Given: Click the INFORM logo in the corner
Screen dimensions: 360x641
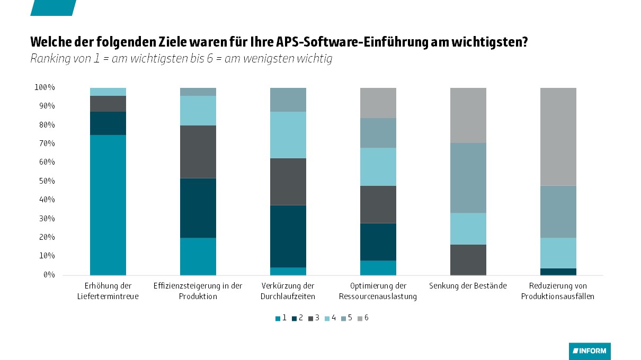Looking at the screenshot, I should pyautogui.click(x=590, y=351).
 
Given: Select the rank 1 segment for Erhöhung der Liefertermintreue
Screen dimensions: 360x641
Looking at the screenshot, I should pyautogui.click(x=108, y=205).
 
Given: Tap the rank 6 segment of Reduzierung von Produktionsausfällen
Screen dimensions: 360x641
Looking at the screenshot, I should pyautogui.click(x=558, y=137).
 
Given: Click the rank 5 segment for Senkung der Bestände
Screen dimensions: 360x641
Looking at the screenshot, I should pyautogui.click(x=468, y=178).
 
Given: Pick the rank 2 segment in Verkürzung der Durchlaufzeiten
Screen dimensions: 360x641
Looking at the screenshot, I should pyautogui.click(x=288, y=236).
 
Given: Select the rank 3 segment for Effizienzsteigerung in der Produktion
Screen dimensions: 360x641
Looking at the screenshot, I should pyautogui.click(x=198, y=152).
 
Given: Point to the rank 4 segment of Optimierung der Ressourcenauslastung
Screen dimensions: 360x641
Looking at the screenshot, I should pyautogui.click(x=378, y=167).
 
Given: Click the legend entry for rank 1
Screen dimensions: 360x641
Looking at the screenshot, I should pyautogui.click(x=281, y=318).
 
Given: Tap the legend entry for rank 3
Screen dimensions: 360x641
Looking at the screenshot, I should pyautogui.click(x=314, y=318).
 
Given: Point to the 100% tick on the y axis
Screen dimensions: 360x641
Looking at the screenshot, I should pyautogui.click(x=45, y=87).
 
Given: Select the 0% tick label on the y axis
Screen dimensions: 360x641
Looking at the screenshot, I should pyautogui.click(x=49, y=275).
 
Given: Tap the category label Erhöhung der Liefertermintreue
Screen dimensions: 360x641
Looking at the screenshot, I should pyautogui.click(x=108, y=291).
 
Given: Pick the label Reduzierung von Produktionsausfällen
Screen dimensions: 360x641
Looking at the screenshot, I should pyautogui.click(x=558, y=291).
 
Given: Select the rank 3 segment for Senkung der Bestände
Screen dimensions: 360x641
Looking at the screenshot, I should pyautogui.click(x=468, y=259).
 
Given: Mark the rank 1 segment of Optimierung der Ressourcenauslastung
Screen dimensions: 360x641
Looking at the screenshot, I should pyautogui.click(x=378, y=268).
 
